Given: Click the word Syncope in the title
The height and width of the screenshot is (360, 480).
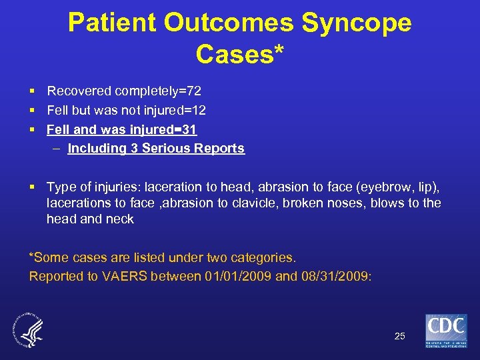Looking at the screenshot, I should tap(357, 23).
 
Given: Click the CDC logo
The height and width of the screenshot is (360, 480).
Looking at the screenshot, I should tap(446, 331).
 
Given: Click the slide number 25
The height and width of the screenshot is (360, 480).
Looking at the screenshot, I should tap(399, 336).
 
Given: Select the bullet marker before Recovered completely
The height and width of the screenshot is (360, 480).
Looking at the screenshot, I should tap(32, 91).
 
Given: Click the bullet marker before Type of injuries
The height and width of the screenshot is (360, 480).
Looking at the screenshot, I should tap(32, 186).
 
